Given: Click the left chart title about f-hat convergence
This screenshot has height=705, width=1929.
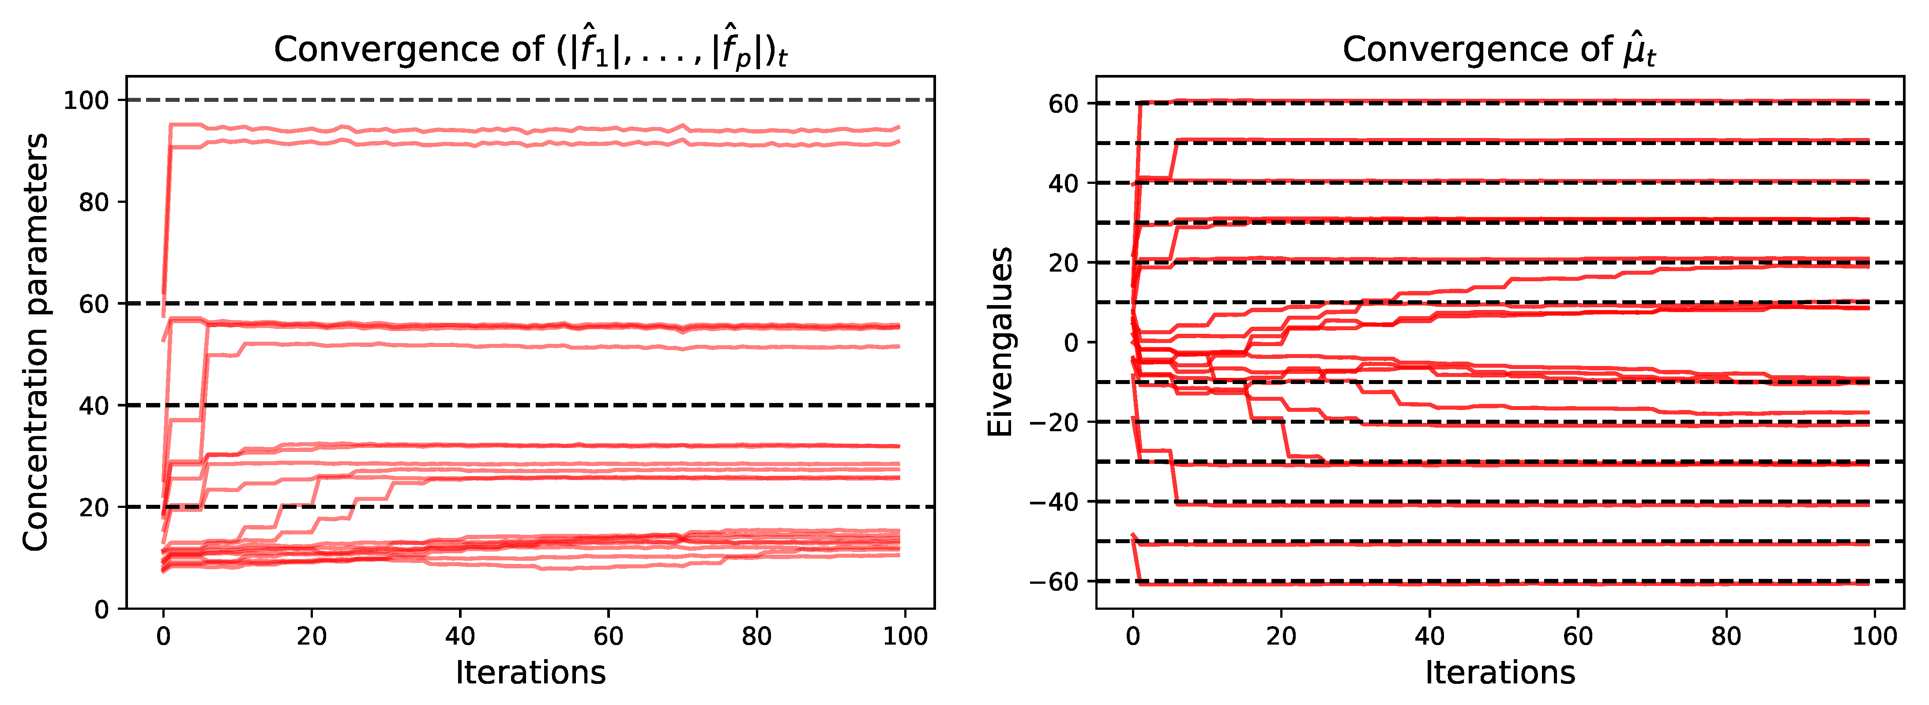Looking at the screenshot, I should coord(530,51).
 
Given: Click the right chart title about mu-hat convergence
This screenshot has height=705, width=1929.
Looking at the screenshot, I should coord(1499,51).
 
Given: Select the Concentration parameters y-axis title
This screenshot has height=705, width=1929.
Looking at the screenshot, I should coord(35,342).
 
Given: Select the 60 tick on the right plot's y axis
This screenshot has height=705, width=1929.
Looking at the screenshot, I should coord(1063,104).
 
